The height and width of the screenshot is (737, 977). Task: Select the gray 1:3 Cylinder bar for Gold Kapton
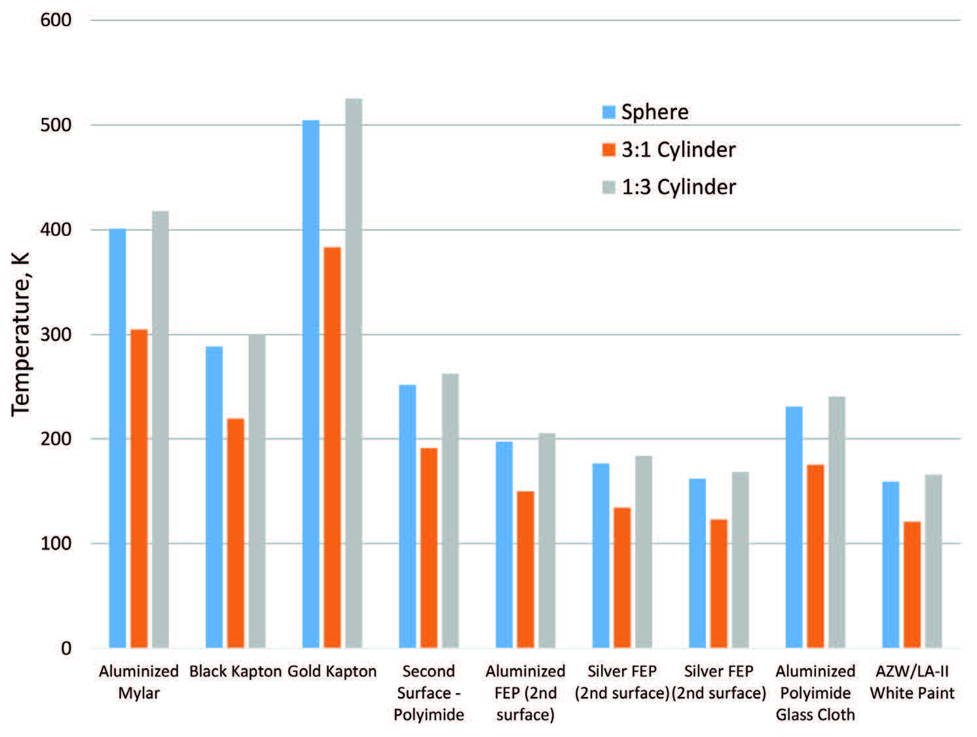[x=354, y=373]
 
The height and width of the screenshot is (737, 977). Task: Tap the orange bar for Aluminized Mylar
[x=139, y=489]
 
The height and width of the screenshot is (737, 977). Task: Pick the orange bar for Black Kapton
[x=236, y=533]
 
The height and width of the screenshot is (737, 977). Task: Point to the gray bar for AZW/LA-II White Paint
[x=933, y=561]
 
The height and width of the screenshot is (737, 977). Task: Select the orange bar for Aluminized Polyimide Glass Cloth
[x=815, y=556]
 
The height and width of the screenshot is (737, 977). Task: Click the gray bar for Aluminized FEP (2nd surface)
[x=547, y=540]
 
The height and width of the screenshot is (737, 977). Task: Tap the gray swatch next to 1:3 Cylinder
[x=609, y=187]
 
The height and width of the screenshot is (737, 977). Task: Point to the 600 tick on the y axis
[x=56, y=20]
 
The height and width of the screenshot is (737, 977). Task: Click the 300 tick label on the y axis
[x=56, y=335]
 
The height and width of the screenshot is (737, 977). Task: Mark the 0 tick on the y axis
[x=66, y=649]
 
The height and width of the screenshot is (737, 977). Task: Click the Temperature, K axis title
[x=20, y=334]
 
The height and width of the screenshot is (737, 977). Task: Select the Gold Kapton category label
[x=332, y=671]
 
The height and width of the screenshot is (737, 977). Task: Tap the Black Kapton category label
[x=235, y=671]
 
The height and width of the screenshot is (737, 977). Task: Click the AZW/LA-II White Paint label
[x=912, y=682]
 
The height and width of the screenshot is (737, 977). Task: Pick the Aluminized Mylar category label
[x=139, y=682]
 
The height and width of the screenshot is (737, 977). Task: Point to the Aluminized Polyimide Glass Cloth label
[x=815, y=692]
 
